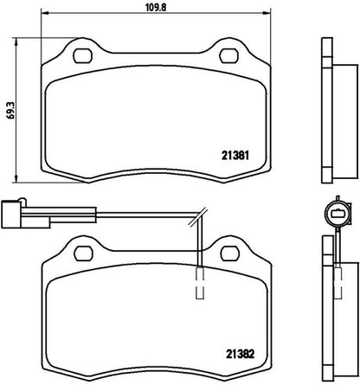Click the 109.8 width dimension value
[x=156, y=7]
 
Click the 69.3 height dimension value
[x=10, y=110]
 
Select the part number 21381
[x=235, y=156]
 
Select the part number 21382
[x=240, y=354]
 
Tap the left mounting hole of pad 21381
[x=83, y=55]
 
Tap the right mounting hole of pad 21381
[x=229, y=55]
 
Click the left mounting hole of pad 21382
[x=83, y=253]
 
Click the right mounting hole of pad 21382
[x=230, y=253]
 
